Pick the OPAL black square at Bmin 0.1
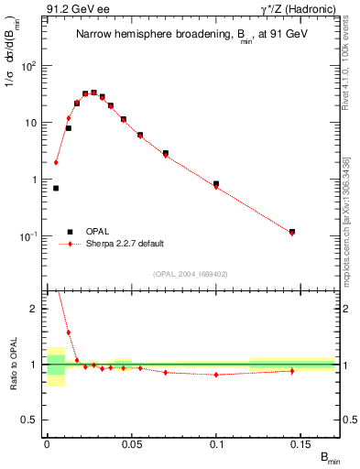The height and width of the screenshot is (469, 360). [216, 184]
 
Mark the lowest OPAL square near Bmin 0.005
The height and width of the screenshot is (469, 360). [56, 188]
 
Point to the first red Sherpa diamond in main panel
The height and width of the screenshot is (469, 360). [56, 163]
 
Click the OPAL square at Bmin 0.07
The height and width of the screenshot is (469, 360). [166, 153]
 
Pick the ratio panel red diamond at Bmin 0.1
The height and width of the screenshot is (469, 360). [216, 375]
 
